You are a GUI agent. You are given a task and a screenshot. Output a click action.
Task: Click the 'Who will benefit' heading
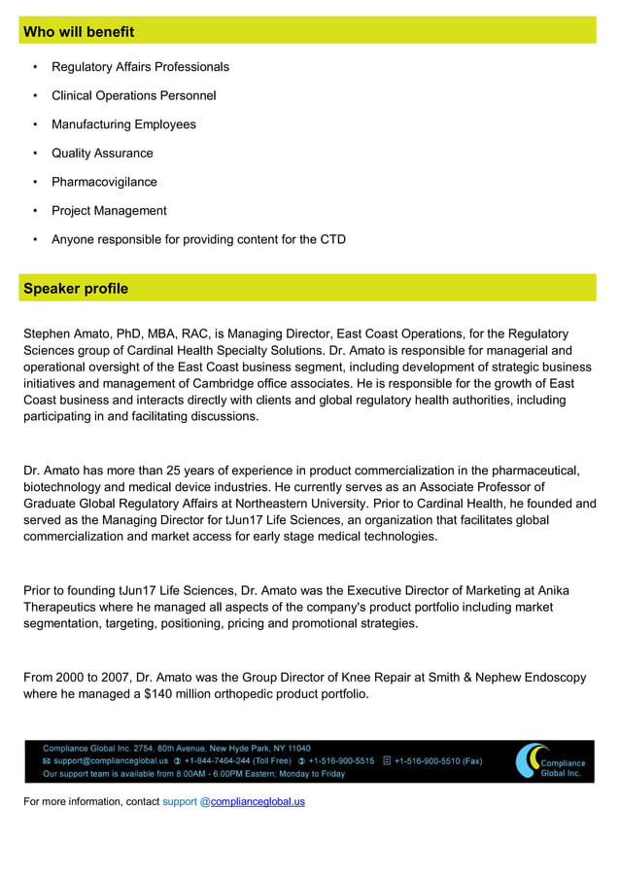coord(79,32)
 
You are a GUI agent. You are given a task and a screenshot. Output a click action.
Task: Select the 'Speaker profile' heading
coord(76,289)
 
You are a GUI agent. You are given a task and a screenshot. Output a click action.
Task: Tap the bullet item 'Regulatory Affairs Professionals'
coord(140,67)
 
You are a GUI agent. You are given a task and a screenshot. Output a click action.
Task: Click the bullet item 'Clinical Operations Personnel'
coord(133,95)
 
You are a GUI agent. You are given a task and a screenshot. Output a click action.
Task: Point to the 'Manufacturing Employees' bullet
coord(123,124)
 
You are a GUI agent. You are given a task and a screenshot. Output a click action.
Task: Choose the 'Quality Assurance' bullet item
coord(102,153)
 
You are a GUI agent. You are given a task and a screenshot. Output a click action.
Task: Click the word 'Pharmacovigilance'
coord(104,182)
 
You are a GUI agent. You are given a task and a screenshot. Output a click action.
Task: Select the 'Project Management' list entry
coord(109,211)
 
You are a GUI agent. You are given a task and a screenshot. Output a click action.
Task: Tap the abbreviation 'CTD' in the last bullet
coord(332,239)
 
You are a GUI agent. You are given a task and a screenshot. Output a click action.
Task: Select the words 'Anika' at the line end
coord(550,590)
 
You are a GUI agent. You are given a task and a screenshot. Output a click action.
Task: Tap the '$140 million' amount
coord(182,694)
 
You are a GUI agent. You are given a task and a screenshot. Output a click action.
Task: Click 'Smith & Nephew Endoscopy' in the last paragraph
coord(505,678)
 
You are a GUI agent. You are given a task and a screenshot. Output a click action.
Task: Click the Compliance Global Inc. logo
coord(550,761)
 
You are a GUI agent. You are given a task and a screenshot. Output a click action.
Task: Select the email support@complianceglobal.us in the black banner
coord(110,761)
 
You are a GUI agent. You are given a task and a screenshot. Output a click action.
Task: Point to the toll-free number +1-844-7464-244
coord(237,761)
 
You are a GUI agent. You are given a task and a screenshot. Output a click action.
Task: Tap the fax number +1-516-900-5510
coord(437,761)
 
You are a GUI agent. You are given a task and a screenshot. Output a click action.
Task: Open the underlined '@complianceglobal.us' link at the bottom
coord(253,802)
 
